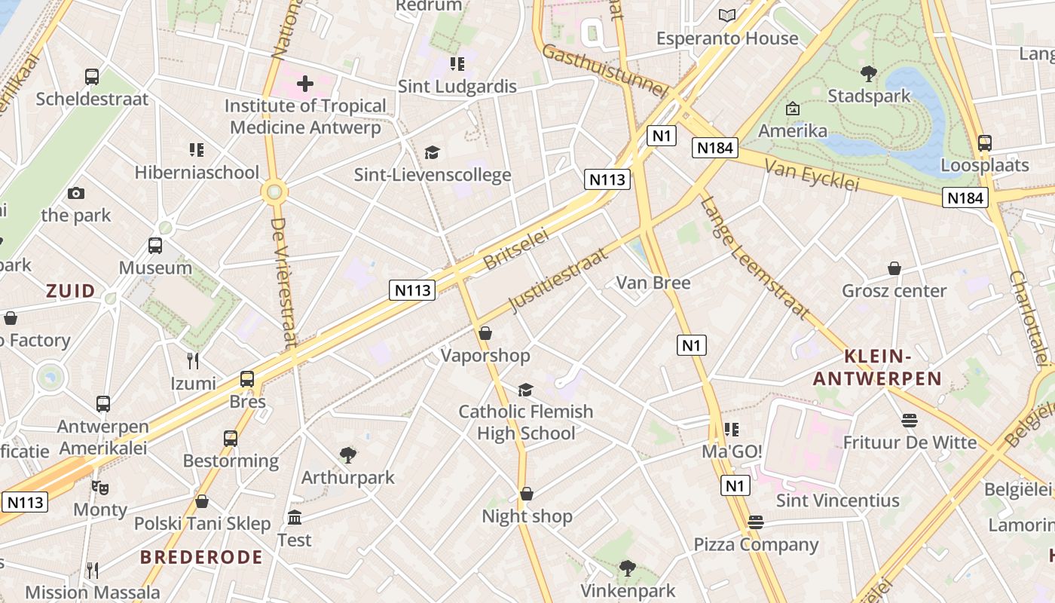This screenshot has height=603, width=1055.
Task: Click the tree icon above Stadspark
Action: tap(868, 73)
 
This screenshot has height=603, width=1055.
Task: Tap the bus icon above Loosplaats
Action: tap(984, 142)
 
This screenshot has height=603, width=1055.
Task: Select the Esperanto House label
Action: tap(726, 38)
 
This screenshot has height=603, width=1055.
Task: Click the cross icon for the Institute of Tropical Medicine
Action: tap(305, 84)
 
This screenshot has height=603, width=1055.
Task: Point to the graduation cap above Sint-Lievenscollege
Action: tap(432, 152)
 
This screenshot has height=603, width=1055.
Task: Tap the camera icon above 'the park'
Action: tap(75, 194)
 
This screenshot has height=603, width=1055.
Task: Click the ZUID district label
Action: tap(71, 291)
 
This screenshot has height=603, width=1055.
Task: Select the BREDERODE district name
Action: tap(201, 557)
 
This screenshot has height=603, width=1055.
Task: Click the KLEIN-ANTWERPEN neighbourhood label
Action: tap(877, 367)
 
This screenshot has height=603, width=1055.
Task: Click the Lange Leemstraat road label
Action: tap(754, 257)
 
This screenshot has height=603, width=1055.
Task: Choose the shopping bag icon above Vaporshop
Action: tap(485, 333)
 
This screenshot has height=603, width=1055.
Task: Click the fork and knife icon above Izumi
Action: tap(193, 361)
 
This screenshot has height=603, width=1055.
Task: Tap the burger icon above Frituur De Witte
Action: tap(909, 420)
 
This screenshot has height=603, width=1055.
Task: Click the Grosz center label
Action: tap(894, 291)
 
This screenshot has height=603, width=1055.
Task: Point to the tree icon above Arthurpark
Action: tap(347, 455)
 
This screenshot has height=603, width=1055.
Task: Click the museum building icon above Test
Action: tap(294, 518)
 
